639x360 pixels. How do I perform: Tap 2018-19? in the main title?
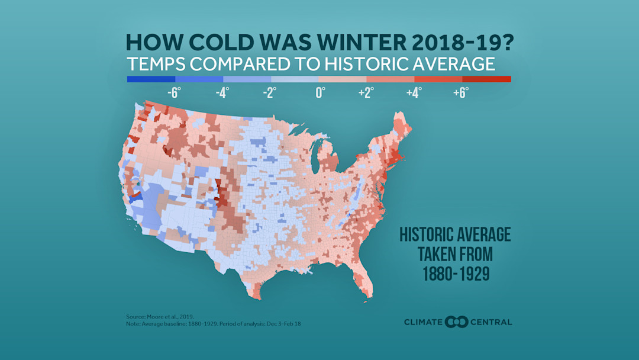point(464,42)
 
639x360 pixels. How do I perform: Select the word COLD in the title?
point(231,42)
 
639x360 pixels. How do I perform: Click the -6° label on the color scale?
point(173,93)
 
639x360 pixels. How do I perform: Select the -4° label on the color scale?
point(222,93)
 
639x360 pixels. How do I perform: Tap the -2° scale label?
point(270,93)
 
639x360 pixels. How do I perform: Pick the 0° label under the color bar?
point(320,93)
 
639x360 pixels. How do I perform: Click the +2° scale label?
point(366,93)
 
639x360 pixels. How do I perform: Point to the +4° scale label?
point(414,93)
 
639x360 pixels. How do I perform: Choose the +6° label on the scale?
point(461,93)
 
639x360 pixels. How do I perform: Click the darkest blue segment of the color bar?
point(151,79)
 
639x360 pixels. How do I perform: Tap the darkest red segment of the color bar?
point(486,79)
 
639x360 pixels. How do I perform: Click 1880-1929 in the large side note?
point(455,274)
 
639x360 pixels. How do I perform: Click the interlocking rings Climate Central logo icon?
point(457,322)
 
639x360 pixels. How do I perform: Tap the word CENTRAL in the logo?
point(492,322)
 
